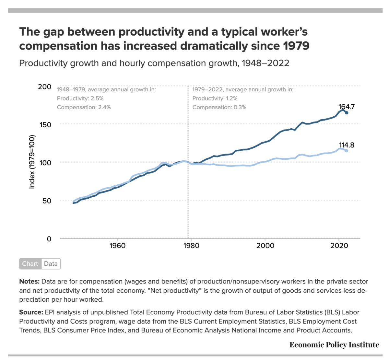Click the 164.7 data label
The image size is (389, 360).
point(347,107)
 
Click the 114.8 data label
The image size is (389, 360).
point(347,145)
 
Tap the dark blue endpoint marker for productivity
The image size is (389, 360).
point(347,113)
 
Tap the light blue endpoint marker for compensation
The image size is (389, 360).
point(347,151)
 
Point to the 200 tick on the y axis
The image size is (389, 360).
point(45,87)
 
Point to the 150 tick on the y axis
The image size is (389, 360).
point(45,125)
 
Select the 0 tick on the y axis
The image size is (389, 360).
point(49,239)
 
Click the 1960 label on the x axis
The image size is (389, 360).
point(117,246)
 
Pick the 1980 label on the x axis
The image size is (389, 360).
point(191,246)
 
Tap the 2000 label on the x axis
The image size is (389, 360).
point(265,246)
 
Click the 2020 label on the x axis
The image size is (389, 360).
point(339,246)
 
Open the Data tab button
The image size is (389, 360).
point(51,264)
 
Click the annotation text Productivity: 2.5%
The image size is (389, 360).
point(80,99)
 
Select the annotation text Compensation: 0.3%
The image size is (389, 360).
point(219,107)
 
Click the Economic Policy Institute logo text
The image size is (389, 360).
point(334,345)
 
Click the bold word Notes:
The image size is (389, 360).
point(29,281)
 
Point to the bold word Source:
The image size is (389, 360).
point(31,312)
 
